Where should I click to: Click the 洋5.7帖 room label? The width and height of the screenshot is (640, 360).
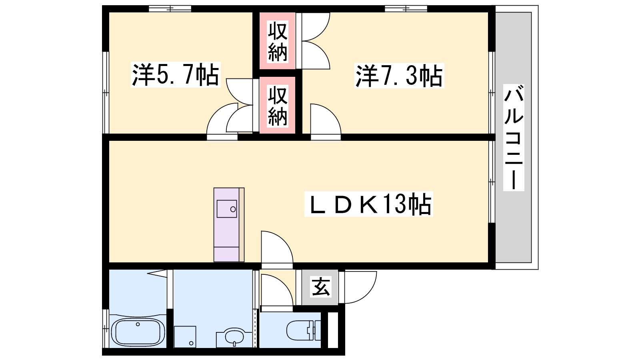[176, 74]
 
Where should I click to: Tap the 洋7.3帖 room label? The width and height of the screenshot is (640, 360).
[399, 76]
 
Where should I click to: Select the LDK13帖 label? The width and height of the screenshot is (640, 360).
[368, 204]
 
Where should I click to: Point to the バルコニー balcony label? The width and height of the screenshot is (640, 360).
[514, 138]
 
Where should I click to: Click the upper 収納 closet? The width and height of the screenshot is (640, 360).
[277, 40]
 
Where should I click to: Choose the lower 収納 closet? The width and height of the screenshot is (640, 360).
[277, 105]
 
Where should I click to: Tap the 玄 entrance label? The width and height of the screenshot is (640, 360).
[320, 286]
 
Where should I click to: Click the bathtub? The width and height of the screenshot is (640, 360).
[138, 332]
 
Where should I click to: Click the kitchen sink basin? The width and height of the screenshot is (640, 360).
[226, 209]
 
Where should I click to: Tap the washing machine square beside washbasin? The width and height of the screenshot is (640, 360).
[185, 336]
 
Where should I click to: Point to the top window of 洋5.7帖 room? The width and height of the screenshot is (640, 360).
[170, 9]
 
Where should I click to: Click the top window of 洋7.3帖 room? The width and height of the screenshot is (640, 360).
[406, 9]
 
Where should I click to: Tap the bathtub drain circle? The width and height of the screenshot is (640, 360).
[138, 324]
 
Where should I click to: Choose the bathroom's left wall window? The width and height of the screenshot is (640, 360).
[106, 328]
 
